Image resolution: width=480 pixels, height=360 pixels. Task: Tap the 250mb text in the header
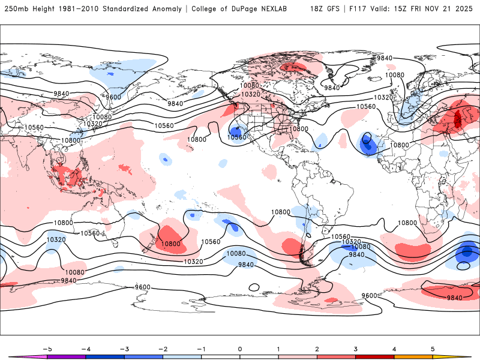[16, 9]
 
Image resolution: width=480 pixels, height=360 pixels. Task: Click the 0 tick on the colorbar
[240, 349]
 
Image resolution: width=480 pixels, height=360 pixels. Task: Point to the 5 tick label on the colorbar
[433, 349]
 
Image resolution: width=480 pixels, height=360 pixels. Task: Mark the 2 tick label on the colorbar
[317, 349]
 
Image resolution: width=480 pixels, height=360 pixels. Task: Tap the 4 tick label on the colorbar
[394, 349]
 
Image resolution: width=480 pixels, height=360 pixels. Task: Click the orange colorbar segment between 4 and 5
[413, 356]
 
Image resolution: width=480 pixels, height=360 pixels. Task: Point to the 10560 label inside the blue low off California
[237, 137]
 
